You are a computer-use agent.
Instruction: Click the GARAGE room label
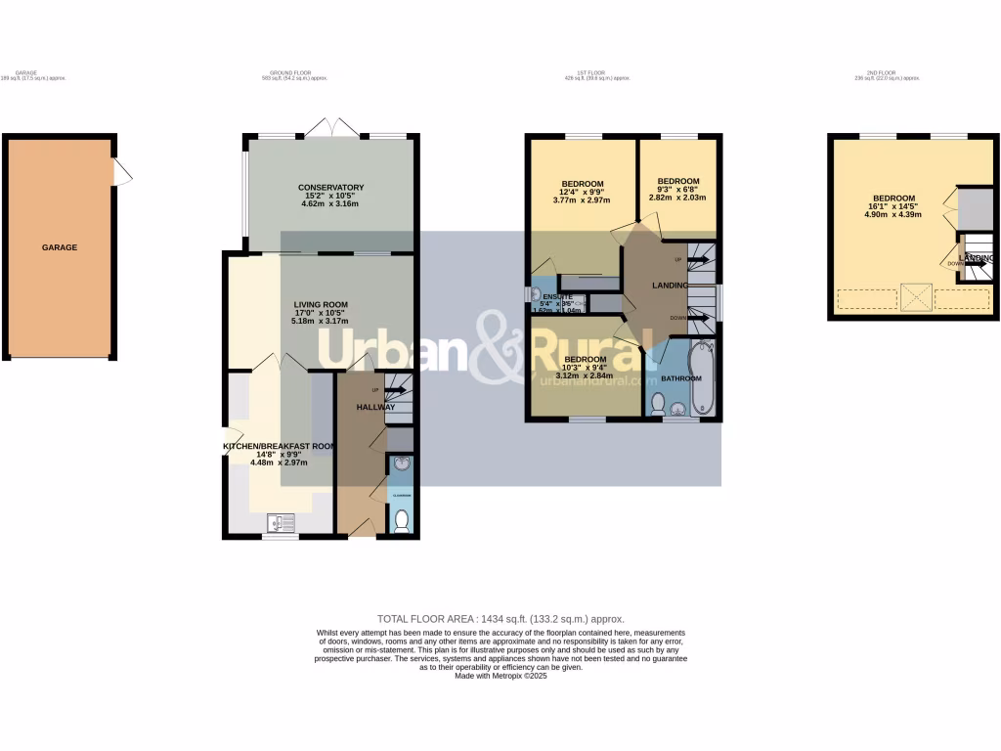[x=59, y=247]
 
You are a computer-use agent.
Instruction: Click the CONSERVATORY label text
[x=331, y=188]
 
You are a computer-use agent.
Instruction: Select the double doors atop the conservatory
[x=331, y=127]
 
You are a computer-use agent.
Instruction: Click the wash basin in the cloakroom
[x=401, y=465]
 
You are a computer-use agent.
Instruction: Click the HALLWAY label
[x=375, y=407]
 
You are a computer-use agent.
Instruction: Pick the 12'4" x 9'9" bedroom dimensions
[x=584, y=192]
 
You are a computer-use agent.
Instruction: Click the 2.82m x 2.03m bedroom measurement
[x=677, y=198]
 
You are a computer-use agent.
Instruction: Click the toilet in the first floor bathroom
[x=659, y=402]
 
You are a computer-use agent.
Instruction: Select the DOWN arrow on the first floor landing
[x=695, y=318]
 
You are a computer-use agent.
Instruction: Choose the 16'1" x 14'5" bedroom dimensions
[x=893, y=207]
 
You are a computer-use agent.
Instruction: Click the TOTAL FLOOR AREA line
[x=500, y=619]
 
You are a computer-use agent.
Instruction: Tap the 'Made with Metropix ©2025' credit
[x=500, y=676]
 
